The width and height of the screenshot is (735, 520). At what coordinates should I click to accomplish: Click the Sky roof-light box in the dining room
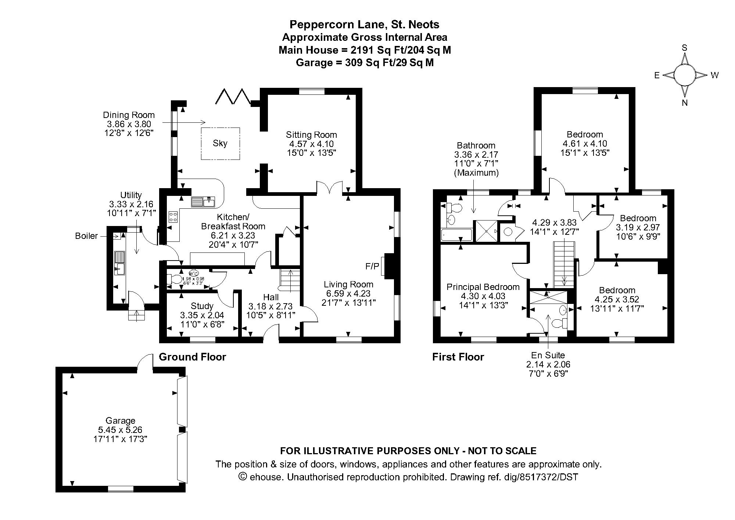coord(220,143)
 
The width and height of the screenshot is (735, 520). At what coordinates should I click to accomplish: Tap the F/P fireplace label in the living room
coord(372,266)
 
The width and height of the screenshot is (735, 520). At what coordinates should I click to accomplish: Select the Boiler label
coord(86,236)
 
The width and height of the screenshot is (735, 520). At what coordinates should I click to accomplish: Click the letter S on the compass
coord(684,48)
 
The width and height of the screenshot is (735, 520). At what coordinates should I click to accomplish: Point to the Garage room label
coord(120,420)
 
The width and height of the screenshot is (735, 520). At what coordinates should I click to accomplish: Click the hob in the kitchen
coord(173,216)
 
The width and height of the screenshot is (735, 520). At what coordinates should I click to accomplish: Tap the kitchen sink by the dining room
coord(203,202)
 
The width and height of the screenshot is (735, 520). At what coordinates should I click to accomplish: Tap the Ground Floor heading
coord(192,357)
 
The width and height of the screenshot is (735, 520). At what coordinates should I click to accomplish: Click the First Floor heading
coord(458,357)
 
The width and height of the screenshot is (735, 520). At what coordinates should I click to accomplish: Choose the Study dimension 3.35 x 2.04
coord(202,315)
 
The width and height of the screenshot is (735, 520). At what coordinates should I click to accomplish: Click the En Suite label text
coord(548,355)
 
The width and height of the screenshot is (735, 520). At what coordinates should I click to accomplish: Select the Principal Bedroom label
coord(483,287)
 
